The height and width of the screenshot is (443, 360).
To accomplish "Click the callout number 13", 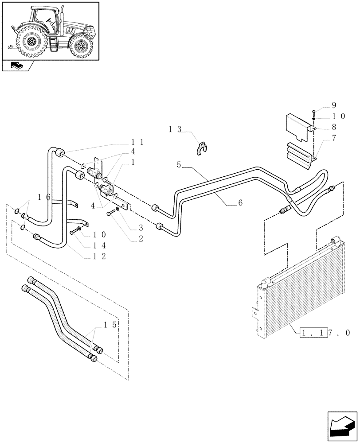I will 175,129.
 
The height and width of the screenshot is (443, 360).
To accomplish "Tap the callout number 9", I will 334,105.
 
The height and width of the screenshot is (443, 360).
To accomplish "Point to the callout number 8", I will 334,126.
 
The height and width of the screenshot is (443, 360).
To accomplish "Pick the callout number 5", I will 179,164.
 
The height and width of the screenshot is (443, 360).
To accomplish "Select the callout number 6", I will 240,202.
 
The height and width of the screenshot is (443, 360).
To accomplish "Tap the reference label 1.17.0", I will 325,332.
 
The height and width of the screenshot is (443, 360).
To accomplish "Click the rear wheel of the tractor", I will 31,42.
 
